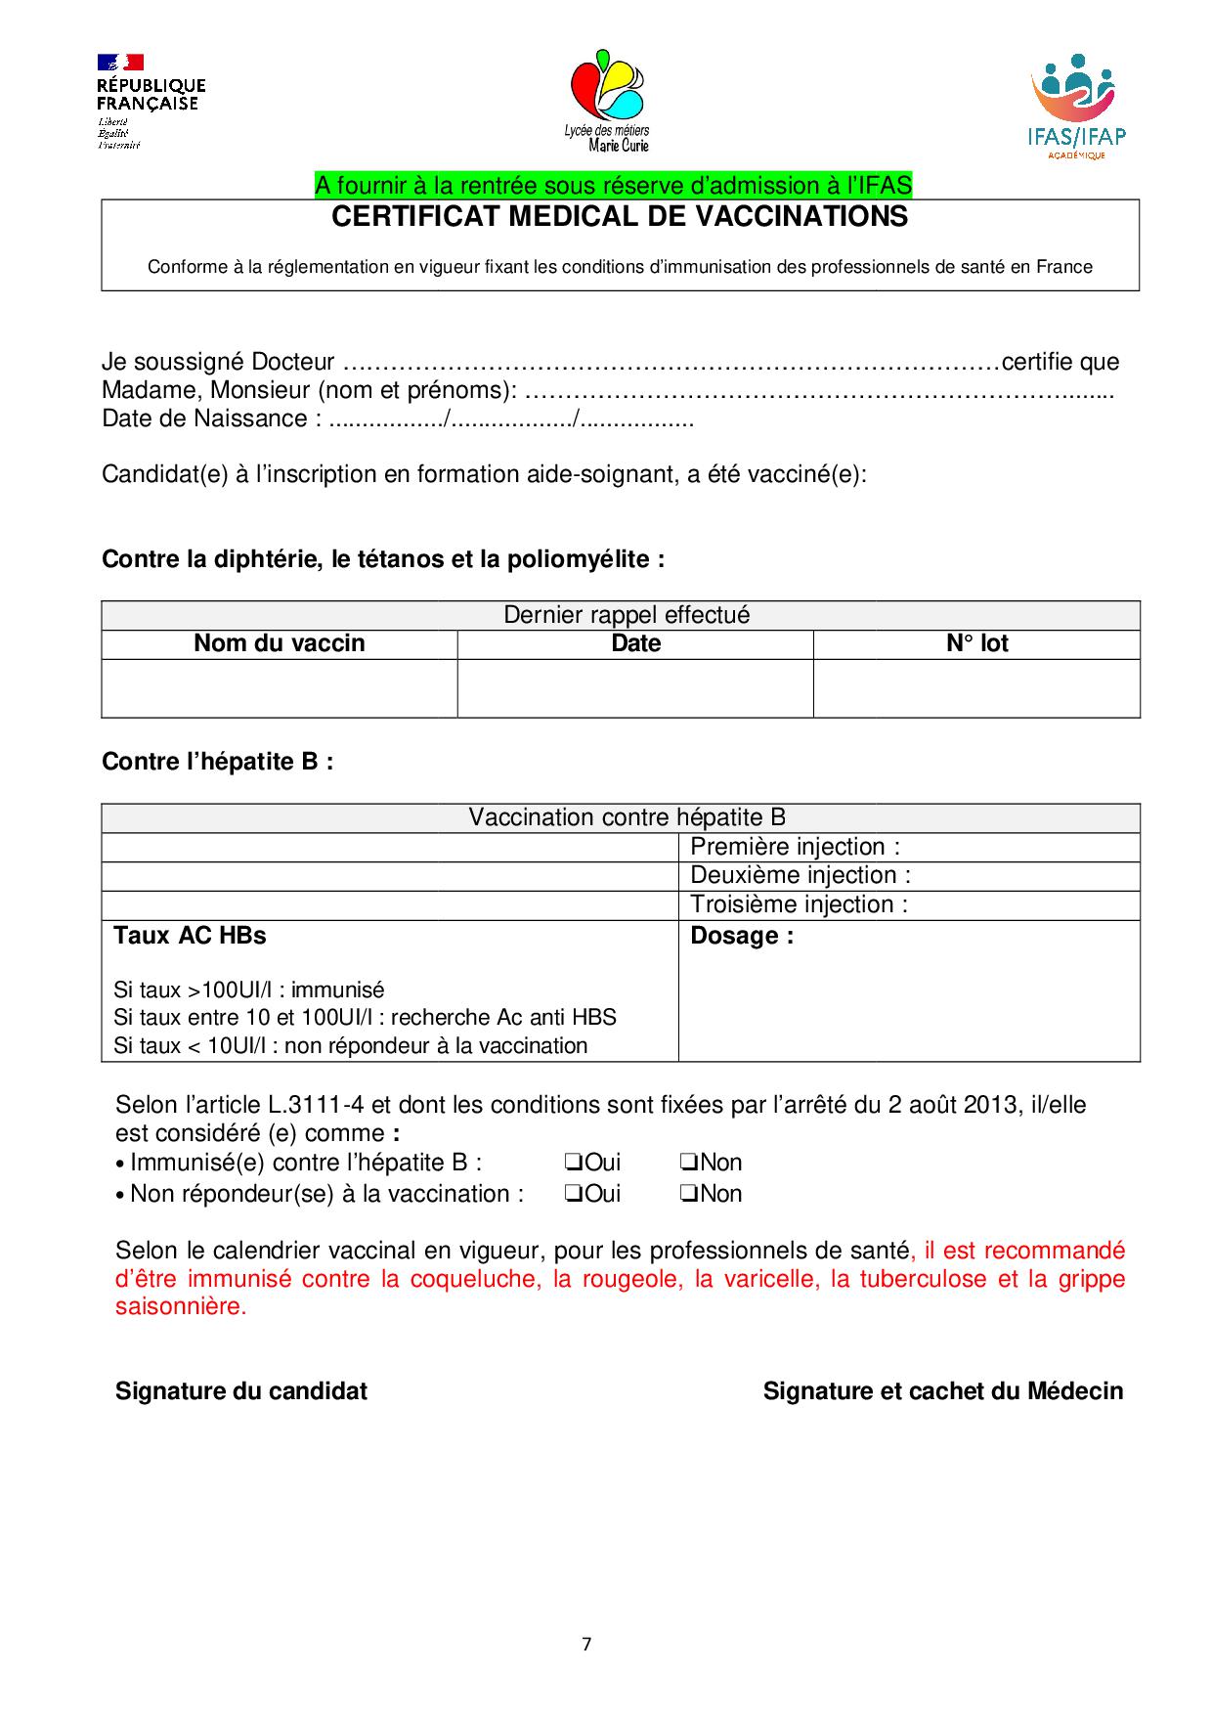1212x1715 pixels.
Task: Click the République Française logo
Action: (x=150, y=101)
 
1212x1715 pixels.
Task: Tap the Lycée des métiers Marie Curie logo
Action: (x=606, y=101)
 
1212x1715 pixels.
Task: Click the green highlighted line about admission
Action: (x=613, y=185)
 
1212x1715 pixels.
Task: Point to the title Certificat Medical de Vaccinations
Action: (x=620, y=217)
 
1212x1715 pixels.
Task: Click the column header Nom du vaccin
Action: (x=280, y=643)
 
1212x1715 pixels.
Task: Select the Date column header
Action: (x=635, y=643)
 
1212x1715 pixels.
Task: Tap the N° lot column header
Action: (x=976, y=643)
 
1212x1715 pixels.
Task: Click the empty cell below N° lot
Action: (x=976, y=688)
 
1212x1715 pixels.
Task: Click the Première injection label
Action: (x=795, y=847)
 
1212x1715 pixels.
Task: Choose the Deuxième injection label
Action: (x=800, y=875)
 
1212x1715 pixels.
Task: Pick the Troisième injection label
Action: (x=799, y=904)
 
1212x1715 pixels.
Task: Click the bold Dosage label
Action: (x=742, y=936)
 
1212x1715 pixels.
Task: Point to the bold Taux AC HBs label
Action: (x=190, y=936)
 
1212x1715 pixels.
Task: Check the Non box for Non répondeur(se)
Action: (x=688, y=1194)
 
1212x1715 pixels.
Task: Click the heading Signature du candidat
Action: (x=241, y=1391)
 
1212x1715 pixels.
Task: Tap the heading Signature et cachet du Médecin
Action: (x=942, y=1391)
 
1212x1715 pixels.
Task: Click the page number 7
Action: (x=586, y=1644)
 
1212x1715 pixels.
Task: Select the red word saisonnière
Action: (x=180, y=1306)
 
